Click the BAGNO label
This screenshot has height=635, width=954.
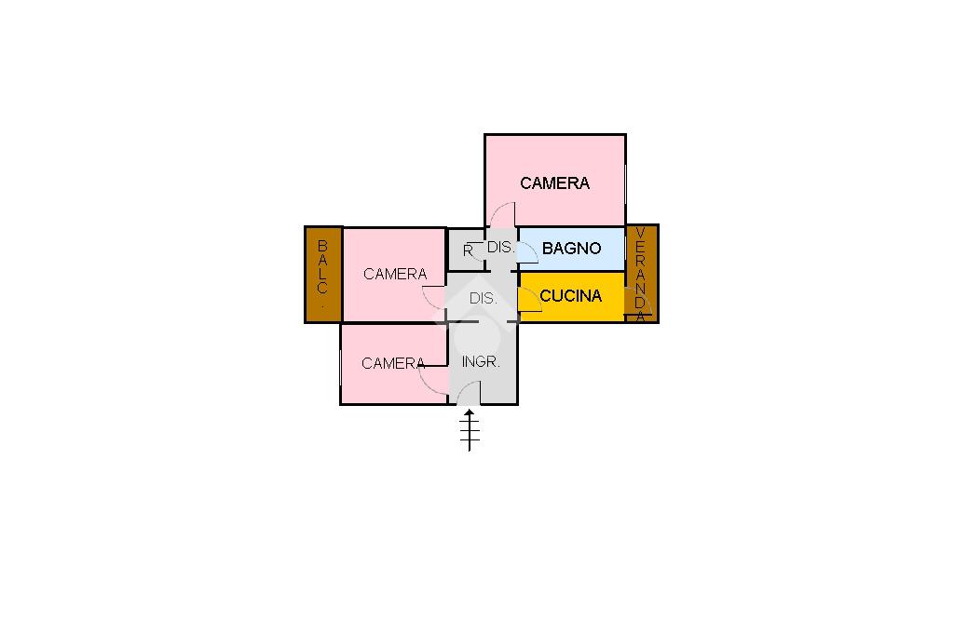[571, 249]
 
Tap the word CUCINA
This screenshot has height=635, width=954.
[570, 296]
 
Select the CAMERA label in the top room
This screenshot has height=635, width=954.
[554, 183]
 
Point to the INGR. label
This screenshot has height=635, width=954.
[481, 362]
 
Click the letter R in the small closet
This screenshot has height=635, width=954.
[468, 250]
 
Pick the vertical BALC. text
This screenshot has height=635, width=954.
[322, 274]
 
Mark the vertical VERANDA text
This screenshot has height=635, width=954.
[641, 275]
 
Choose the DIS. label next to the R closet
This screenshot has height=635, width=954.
[500, 248]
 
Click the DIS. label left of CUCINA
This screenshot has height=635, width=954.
[483, 299]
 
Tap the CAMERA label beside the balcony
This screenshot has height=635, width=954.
[395, 274]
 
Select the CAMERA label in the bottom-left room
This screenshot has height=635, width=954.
[393, 363]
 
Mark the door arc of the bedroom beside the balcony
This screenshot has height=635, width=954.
[433, 297]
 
